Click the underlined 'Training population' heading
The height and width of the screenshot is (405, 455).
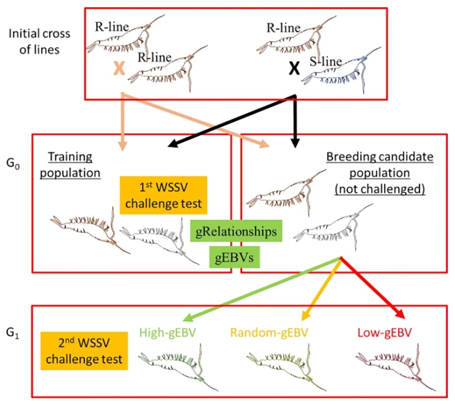pos(70,164)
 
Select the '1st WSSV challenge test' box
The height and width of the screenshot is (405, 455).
pos(164,194)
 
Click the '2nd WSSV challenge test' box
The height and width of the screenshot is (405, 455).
pos(84,350)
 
